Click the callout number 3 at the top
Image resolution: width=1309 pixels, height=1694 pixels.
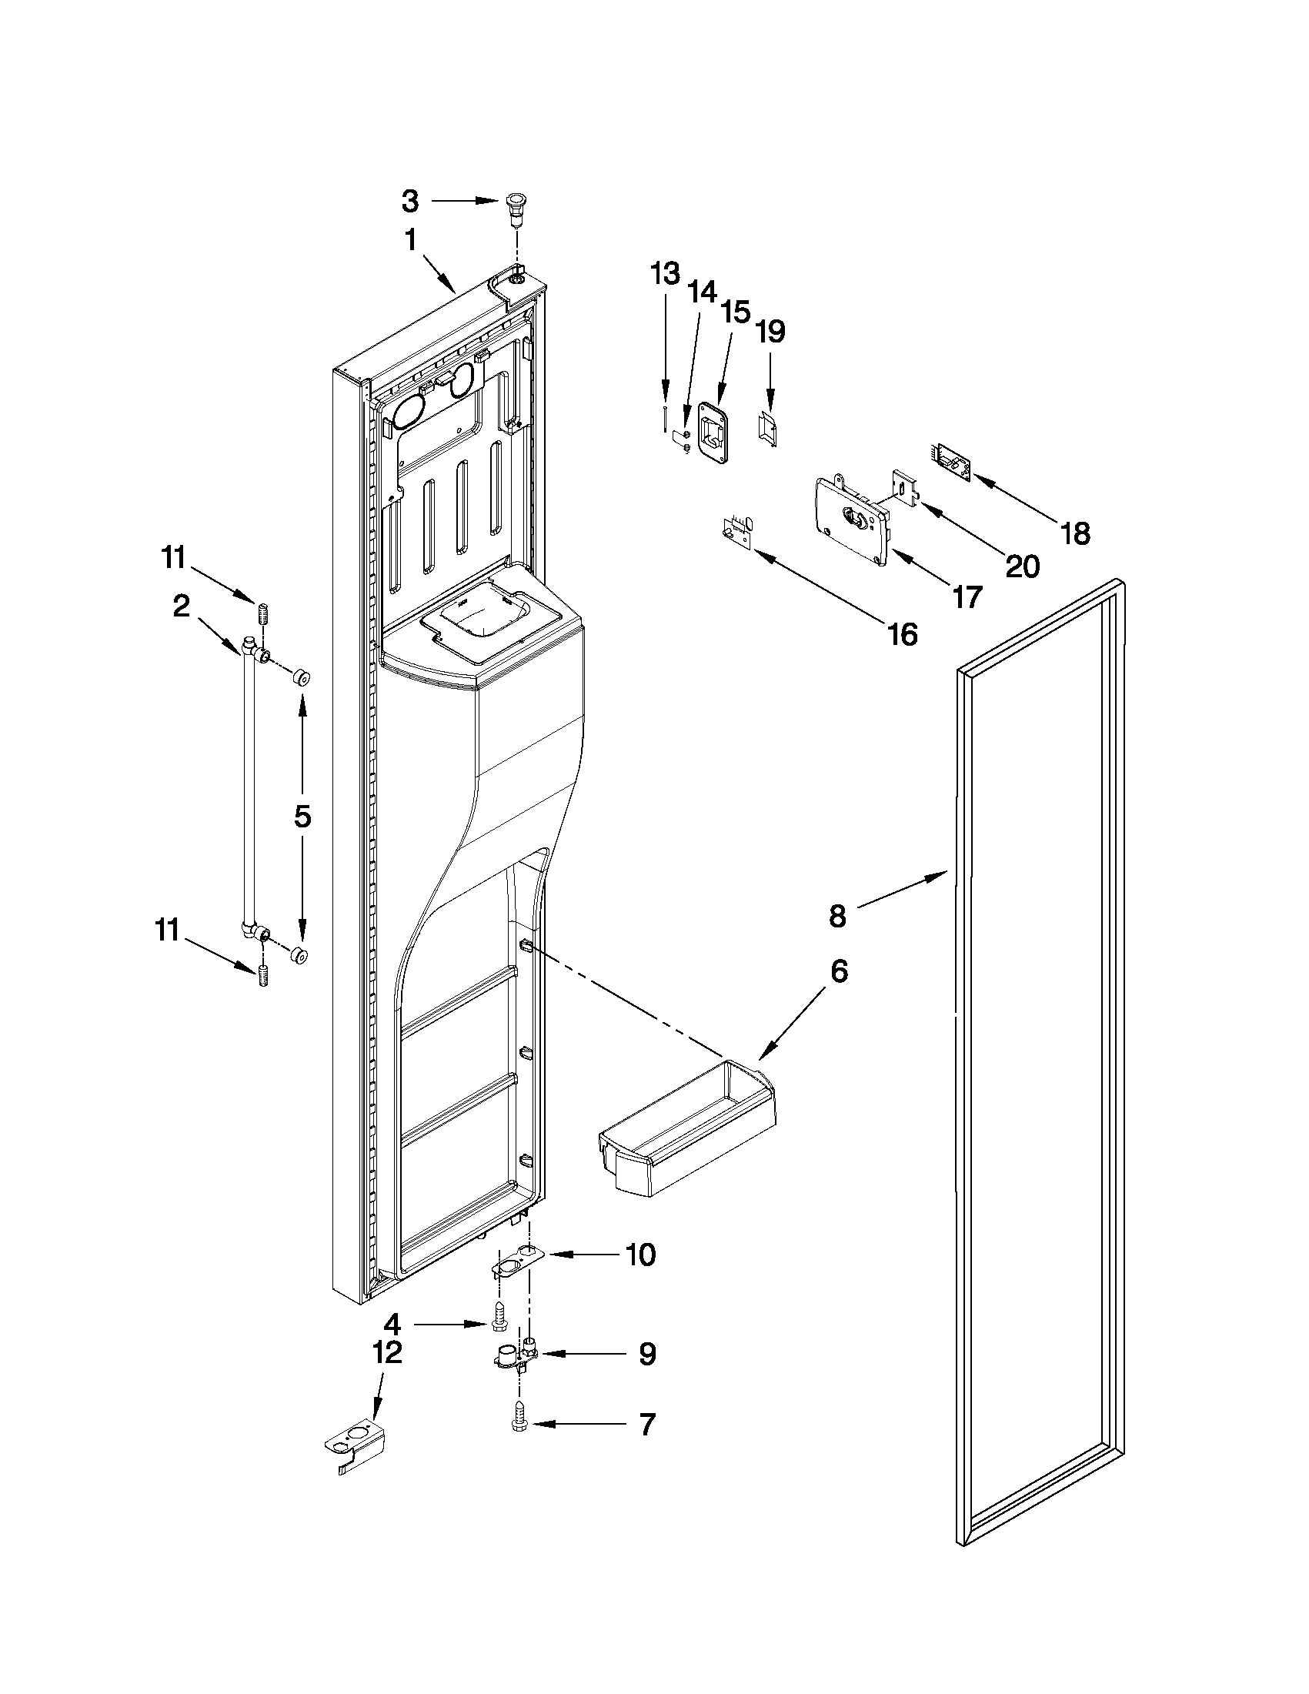coord(410,202)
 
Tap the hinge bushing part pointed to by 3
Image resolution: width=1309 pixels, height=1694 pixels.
coord(514,209)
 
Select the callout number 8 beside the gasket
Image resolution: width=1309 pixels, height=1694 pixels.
coord(837,917)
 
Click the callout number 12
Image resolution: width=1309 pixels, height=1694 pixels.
coord(388,1353)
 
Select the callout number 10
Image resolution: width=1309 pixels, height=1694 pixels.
coord(639,1255)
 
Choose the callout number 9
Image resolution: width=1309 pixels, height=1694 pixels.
coord(646,1355)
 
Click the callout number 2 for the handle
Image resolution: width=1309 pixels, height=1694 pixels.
coord(181,606)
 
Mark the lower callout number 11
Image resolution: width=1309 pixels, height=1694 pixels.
coord(167,929)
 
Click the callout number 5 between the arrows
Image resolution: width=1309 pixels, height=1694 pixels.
coord(302,816)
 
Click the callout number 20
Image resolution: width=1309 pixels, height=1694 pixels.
coord(1021,566)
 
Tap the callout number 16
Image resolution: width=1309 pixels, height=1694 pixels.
coord(903,634)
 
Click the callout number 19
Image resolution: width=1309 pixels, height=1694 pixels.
coord(770,331)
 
